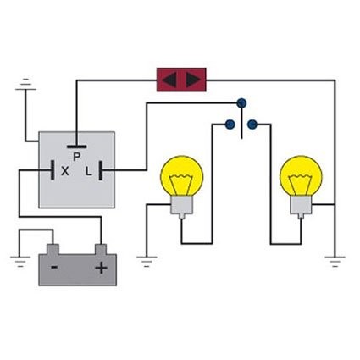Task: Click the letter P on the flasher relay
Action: (x=76, y=157)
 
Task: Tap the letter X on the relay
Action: (x=65, y=171)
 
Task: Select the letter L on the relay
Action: (x=89, y=171)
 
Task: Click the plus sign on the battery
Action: (x=101, y=268)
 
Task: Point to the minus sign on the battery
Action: (x=54, y=267)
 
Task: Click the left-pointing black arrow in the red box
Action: (x=169, y=80)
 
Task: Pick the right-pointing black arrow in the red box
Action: (x=194, y=80)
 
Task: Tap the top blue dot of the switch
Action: (x=241, y=103)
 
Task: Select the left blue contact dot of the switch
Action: (x=230, y=125)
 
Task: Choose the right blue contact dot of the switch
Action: (x=252, y=125)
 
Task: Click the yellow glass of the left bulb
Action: (x=182, y=175)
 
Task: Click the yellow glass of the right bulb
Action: (x=301, y=175)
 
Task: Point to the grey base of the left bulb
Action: (x=182, y=207)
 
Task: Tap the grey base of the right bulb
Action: (x=301, y=207)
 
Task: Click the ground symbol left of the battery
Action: (x=20, y=262)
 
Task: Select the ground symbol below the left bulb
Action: (x=147, y=262)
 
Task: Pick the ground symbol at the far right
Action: (x=335, y=262)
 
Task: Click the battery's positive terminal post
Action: (x=101, y=249)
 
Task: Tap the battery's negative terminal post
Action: (x=53, y=249)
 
